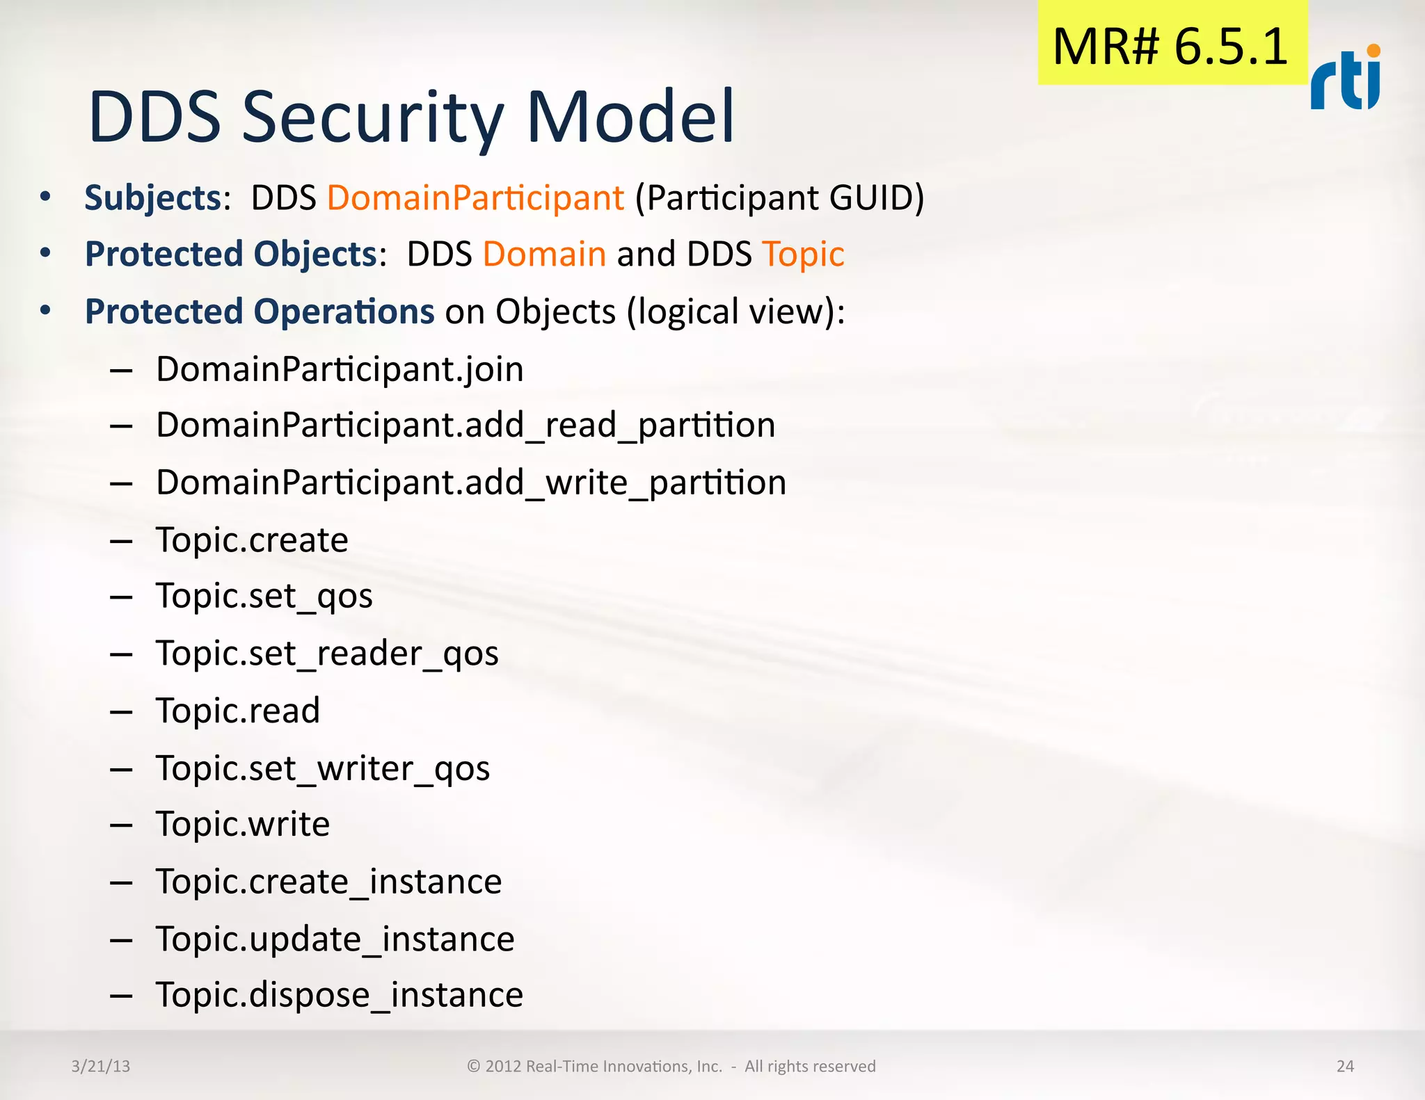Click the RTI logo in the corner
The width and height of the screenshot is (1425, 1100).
coord(1346,79)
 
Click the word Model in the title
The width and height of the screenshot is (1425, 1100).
coord(630,117)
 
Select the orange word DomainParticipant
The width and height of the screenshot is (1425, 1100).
coord(475,197)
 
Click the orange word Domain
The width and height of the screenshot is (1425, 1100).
coord(544,254)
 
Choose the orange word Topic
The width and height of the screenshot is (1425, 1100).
coord(803,254)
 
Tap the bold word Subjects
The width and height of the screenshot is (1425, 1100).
coord(153,197)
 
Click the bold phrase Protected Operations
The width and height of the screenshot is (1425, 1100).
coord(260,311)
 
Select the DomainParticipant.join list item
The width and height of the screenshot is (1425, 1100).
coord(340,369)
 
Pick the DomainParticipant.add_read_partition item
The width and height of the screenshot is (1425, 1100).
coord(465,425)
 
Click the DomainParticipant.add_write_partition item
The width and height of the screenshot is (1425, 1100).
coord(471,483)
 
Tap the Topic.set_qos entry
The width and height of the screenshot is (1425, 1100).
coord(264,597)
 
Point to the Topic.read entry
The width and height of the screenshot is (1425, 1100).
coord(238,711)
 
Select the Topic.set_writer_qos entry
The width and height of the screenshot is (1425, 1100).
coord(323,768)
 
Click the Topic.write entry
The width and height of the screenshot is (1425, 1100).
coord(243,824)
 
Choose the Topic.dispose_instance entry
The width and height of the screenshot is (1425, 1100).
coord(340,994)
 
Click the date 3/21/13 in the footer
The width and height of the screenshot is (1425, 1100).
coord(101,1066)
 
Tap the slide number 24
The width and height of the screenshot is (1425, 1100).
coord(1345,1066)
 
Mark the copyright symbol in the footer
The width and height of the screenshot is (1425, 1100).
coord(474,1066)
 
